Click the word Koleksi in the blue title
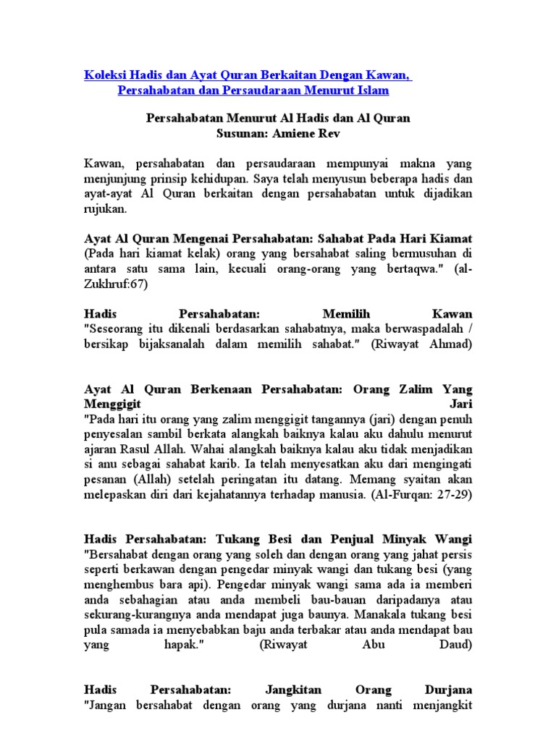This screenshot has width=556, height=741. click(x=104, y=75)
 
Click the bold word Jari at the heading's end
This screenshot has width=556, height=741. click(x=460, y=403)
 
